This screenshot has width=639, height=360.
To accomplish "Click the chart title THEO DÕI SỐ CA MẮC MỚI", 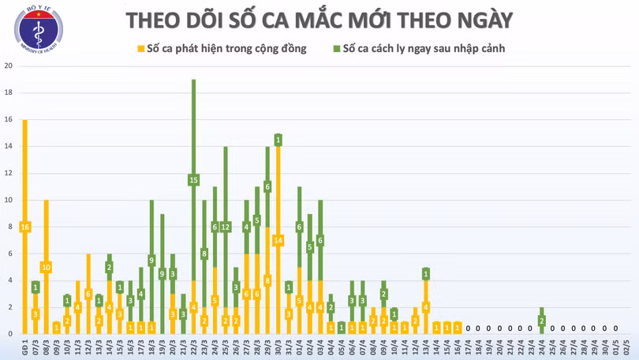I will pyautogui.click(x=319, y=20).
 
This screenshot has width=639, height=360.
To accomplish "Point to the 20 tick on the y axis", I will pyautogui.click(x=8, y=66).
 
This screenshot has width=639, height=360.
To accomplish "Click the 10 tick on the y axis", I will pyautogui.click(x=8, y=200).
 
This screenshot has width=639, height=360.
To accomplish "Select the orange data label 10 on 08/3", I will pyautogui.click(x=46, y=267).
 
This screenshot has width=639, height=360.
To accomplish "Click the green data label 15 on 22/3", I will pyautogui.click(x=193, y=180).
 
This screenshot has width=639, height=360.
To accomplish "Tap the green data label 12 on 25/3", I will pyautogui.click(x=225, y=227).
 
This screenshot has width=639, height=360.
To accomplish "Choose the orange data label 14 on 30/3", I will pyautogui.click(x=278, y=240).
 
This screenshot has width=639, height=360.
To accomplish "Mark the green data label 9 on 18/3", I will pyautogui.click(x=151, y=260).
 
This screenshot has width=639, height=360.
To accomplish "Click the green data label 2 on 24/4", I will pyautogui.click(x=542, y=320).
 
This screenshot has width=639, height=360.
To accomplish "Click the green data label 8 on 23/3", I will pyautogui.click(x=204, y=253).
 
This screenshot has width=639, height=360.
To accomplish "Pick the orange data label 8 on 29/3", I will pyautogui.click(x=267, y=280).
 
